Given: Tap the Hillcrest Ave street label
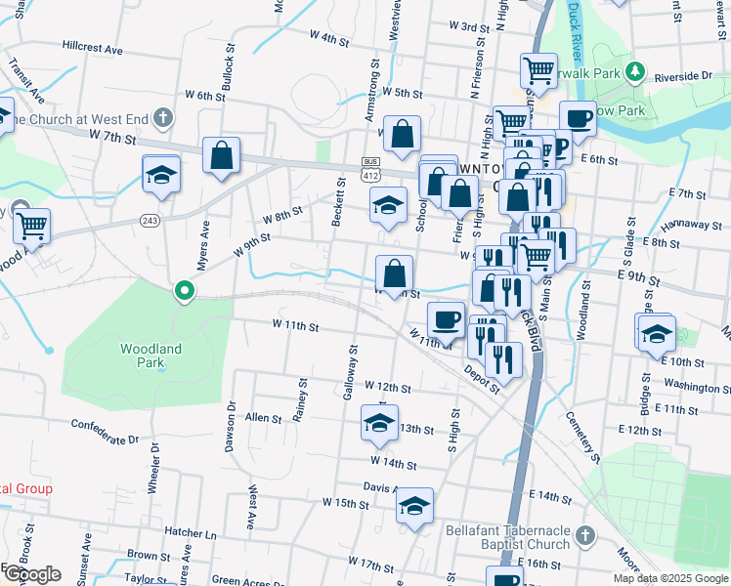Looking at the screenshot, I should (x=92, y=47).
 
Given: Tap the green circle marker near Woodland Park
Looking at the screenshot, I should (x=183, y=291).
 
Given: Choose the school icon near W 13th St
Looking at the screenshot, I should (x=377, y=422).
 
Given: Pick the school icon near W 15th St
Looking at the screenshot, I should (x=414, y=505).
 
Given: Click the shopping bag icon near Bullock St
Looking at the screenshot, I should (x=222, y=154).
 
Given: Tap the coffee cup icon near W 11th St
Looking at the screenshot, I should (x=447, y=319).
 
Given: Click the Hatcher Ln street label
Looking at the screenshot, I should (x=191, y=534).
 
